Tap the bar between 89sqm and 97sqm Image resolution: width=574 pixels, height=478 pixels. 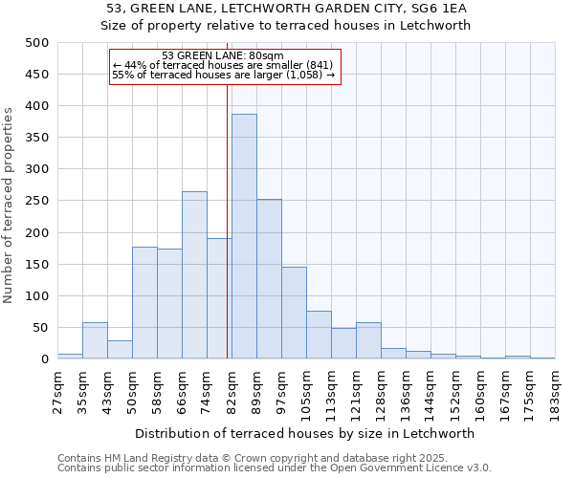[x=269, y=279]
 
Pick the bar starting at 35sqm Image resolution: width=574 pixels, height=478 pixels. [x=95, y=341]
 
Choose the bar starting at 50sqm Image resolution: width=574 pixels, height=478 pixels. [x=144, y=303]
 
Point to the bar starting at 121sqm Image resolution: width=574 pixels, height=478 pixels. [x=368, y=341]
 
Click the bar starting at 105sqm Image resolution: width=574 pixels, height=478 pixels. [x=319, y=336]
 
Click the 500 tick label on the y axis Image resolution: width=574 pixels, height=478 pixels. [x=37, y=43]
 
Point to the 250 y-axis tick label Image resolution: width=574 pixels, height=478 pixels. [x=37, y=202]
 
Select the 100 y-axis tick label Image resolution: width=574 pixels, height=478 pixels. [x=37, y=296]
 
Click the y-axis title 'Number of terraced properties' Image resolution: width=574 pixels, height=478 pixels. [x=9, y=205]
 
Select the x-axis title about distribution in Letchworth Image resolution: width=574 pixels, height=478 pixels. [x=305, y=433]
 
